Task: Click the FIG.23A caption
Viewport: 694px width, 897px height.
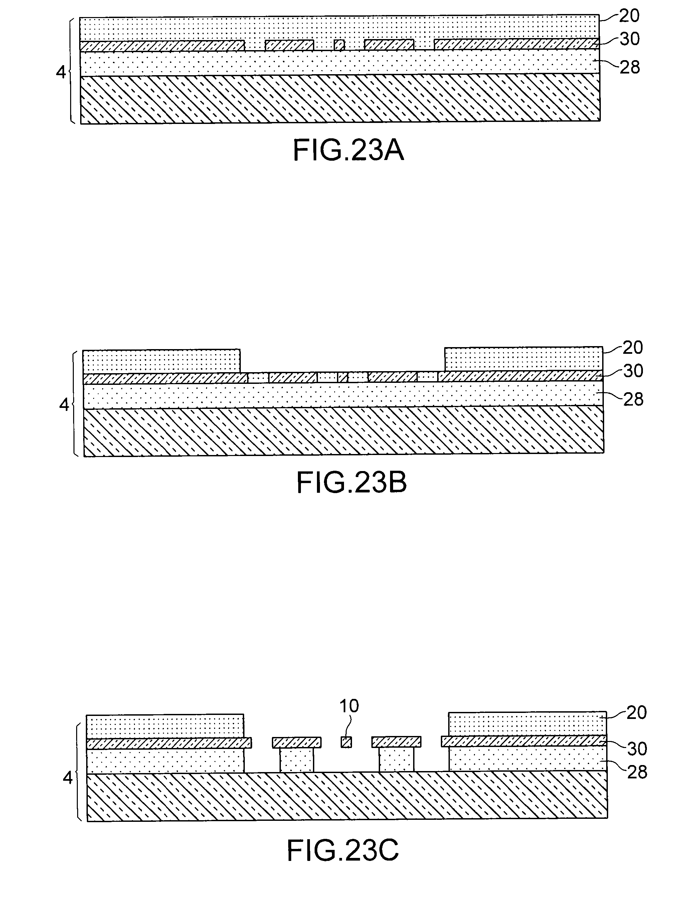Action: [348, 151]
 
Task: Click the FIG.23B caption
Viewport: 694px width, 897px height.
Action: [352, 483]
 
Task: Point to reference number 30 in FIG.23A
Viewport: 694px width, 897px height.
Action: [629, 39]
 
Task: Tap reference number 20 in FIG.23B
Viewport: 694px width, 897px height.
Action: [633, 348]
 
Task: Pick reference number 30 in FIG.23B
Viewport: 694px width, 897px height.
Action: [633, 371]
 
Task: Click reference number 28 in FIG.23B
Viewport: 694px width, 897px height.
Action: [633, 399]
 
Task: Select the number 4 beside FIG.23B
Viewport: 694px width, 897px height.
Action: [64, 405]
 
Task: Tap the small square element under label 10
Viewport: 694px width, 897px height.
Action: [347, 742]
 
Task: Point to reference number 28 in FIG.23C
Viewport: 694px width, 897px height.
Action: [637, 772]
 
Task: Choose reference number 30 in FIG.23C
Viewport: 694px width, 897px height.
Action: [637, 749]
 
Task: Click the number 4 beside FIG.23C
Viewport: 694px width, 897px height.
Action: [68, 777]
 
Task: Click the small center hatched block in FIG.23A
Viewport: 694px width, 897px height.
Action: [339, 45]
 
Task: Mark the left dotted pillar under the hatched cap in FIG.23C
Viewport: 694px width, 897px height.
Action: [297, 759]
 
